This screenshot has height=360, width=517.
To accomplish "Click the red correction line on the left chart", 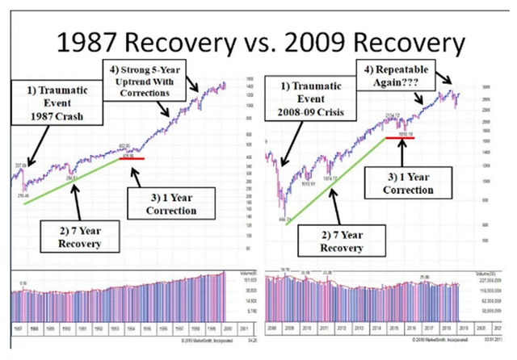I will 132,159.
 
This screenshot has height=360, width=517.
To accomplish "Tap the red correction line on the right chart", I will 402,138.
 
